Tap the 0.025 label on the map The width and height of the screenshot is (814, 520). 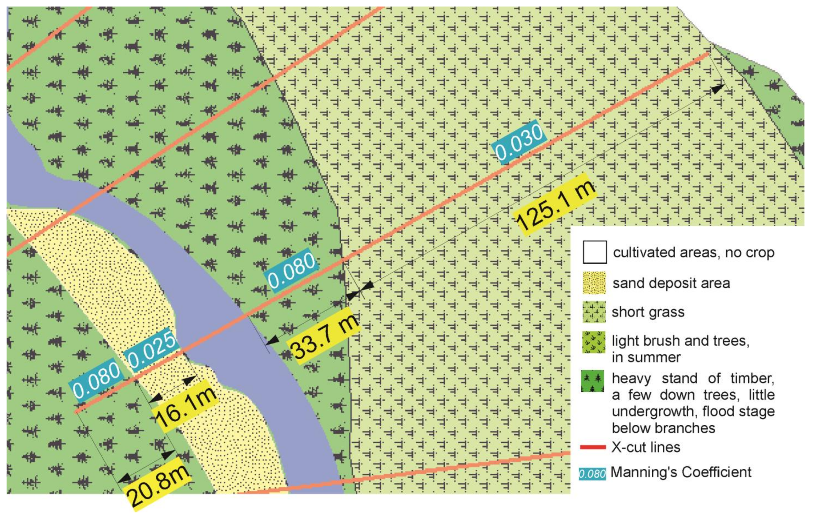point(151,351)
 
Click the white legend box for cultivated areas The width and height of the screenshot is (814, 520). point(594,252)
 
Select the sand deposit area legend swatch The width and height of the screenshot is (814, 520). point(594,282)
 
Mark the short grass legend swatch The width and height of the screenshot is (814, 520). point(594,312)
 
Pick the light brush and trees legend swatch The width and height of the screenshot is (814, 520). point(594,342)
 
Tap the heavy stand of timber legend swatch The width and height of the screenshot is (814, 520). point(592,381)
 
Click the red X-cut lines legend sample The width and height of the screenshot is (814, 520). point(593,447)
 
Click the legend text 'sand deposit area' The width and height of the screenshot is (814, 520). point(671,283)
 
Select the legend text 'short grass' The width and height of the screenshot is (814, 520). point(648,312)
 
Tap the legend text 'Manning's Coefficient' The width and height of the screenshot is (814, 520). point(681,472)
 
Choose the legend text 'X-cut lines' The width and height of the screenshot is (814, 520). point(646,447)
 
